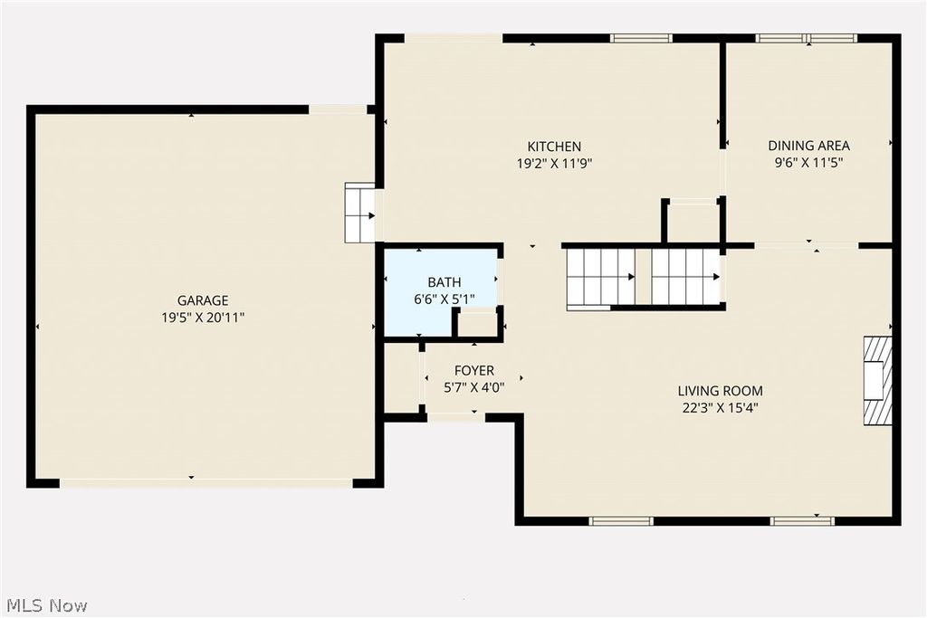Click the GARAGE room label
click(203, 300)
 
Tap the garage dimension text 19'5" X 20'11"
click(203, 318)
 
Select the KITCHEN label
click(554, 147)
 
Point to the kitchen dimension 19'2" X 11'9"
click(554, 164)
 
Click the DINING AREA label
click(808, 146)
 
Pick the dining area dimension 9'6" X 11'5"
click(808, 164)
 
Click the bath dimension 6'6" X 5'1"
click(444, 299)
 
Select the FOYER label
click(474, 371)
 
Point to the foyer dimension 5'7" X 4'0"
click(474, 387)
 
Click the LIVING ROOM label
click(720, 391)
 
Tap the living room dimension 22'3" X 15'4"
click(720, 408)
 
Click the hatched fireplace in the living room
click(877, 380)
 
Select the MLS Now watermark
click(46, 604)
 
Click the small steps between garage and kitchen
click(360, 214)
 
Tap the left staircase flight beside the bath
click(600, 278)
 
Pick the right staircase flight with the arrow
click(685, 277)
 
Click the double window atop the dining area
click(806, 38)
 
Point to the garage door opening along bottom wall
click(205, 482)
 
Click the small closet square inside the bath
click(475, 324)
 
